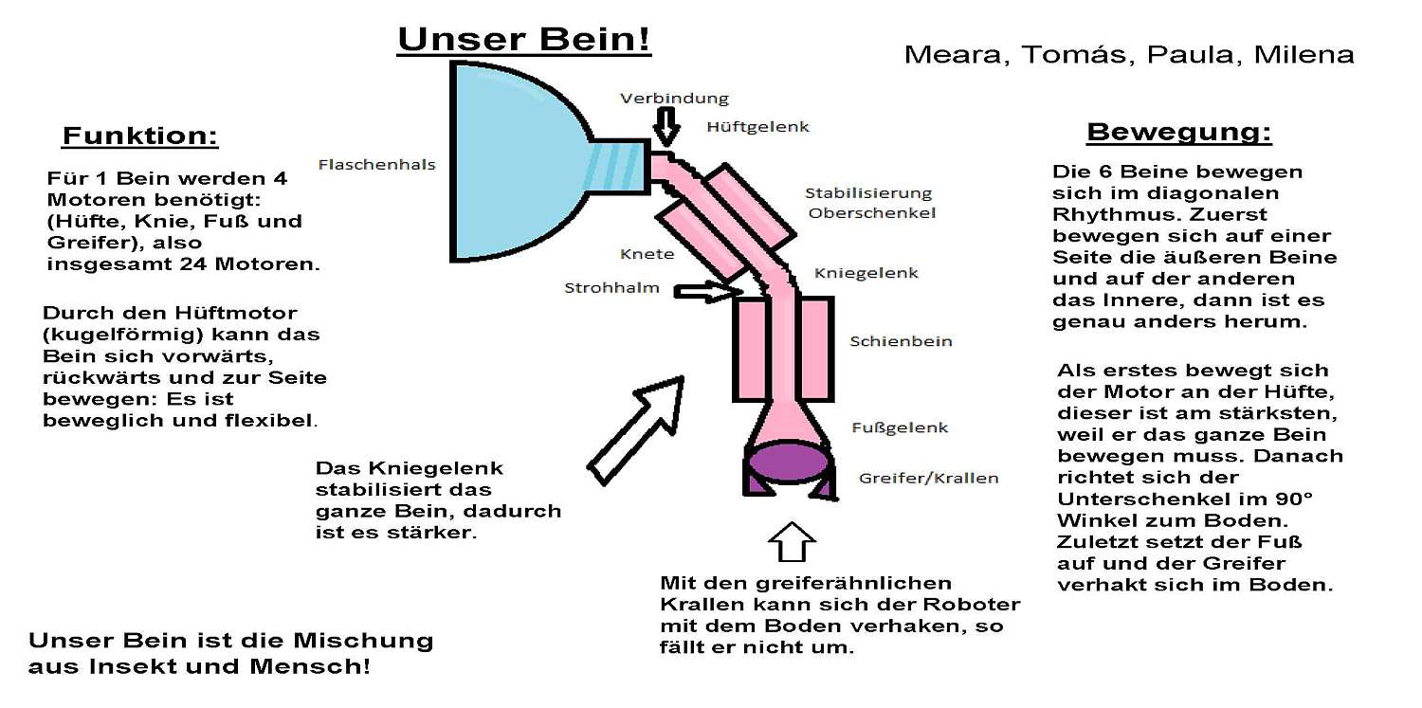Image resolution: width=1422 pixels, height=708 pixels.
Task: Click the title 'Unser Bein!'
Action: (x=524, y=41)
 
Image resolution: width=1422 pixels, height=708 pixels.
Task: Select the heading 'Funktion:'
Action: (x=140, y=136)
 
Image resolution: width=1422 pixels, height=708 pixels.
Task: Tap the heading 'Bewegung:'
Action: (x=1178, y=133)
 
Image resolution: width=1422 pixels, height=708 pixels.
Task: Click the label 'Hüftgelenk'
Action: (x=757, y=126)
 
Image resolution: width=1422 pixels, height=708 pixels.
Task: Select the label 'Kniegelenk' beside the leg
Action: (x=866, y=273)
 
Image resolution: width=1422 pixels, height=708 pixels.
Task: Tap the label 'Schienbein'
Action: (x=901, y=341)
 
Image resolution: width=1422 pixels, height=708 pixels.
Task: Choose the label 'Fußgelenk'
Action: (x=898, y=427)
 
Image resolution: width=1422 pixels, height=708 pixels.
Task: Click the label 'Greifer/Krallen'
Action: (x=928, y=478)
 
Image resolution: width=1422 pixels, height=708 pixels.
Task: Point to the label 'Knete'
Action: (x=647, y=254)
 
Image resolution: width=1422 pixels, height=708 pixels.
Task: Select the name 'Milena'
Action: (x=1303, y=55)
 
